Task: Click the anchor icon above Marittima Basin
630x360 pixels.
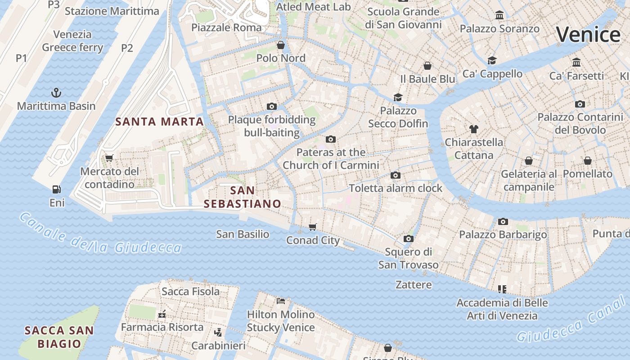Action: pyautogui.click(x=56, y=93)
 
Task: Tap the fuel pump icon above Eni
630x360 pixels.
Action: pyautogui.click(x=57, y=189)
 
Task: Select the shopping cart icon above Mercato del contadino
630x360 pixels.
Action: pyautogui.click(x=109, y=158)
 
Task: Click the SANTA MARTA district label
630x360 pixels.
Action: pyautogui.click(x=160, y=121)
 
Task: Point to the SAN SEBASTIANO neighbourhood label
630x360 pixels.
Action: pyautogui.click(x=243, y=197)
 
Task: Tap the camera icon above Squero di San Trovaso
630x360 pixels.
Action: pyautogui.click(x=408, y=238)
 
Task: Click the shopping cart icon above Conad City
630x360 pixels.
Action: pyautogui.click(x=313, y=227)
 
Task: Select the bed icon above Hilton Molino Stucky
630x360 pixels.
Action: pyautogui.click(x=281, y=301)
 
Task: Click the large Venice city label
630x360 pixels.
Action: pyautogui.click(x=588, y=35)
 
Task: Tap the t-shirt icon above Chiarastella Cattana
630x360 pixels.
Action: pyautogui.click(x=473, y=129)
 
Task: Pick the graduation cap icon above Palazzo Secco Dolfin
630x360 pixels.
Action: pyautogui.click(x=398, y=97)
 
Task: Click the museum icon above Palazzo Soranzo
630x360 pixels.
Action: pyautogui.click(x=499, y=16)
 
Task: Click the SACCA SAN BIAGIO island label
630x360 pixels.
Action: pyautogui.click(x=59, y=337)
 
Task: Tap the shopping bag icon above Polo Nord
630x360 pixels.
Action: pyautogui.click(x=281, y=45)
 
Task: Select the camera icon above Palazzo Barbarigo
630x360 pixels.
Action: pyautogui.click(x=503, y=221)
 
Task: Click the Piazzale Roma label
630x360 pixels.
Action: pyautogui.click(x=226, y=27)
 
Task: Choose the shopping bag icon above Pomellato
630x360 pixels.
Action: pyautogui.click(x=587, y=161)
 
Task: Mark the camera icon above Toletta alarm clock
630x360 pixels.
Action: pyautogui.click(x=396, y=175)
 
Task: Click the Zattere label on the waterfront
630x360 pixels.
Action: pyautogui.click(x=414, y=284)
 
